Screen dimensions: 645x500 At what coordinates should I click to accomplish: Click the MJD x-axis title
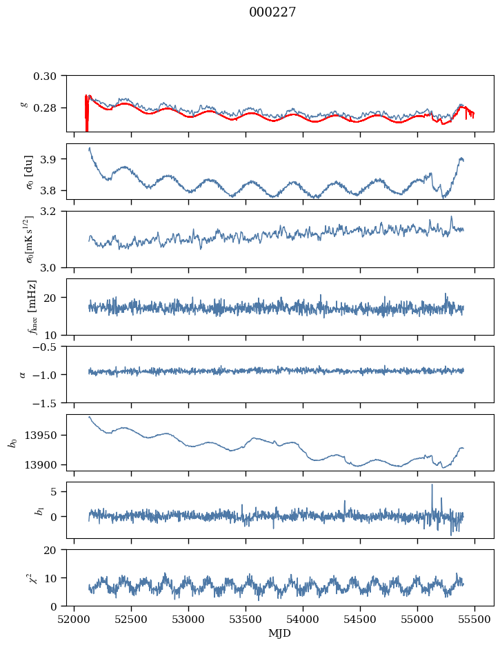[x=280, y=633]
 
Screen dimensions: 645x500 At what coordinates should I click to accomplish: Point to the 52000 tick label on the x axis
[x=75, y=619]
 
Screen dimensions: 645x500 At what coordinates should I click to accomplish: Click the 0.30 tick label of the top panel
[x=50, y=75]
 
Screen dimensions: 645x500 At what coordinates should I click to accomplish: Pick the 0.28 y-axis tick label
[x=50, y=108]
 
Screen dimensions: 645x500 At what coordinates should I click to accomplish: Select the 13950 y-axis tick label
[x=44, y=436]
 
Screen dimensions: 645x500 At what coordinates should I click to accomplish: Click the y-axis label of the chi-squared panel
[x=26, y=577]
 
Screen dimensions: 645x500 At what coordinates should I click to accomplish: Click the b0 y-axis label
[x=12, y=442]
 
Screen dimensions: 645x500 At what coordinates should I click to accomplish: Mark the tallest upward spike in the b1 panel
[x=432, y=485]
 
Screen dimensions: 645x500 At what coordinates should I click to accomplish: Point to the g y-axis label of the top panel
[x=26, y=103]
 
